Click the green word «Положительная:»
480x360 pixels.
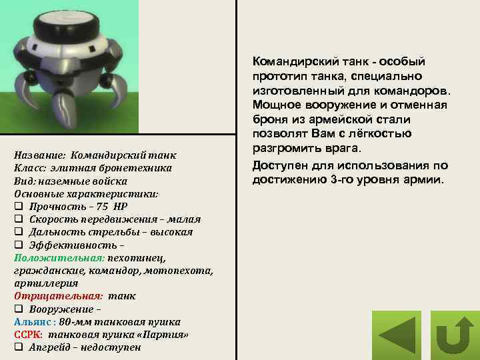(x=49, y=257)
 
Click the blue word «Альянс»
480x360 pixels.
(x=30, y=322)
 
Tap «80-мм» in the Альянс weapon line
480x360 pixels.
(x=75, y=322)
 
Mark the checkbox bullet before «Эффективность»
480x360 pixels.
(x=18, y=245)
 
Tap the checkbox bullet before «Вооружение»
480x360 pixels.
(x=18, y=309)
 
